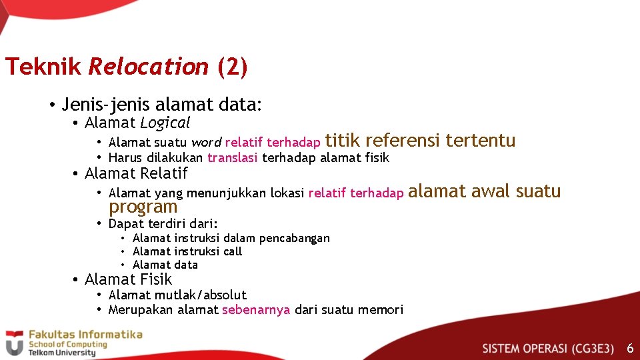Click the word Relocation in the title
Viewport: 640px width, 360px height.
(148, 67)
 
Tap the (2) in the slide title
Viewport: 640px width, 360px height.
(232, 67)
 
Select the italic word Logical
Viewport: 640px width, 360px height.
(165, 123)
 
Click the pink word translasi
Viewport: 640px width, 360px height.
(233, 158)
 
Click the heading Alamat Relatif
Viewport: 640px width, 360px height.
(136, 173)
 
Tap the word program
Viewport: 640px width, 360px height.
(143, 207)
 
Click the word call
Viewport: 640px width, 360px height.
(233, 251)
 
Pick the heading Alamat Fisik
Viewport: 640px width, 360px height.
(128, 279)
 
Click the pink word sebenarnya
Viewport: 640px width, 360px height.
(256, 310)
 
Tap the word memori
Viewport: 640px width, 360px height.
(381, 310)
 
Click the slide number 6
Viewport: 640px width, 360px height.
(630, 348)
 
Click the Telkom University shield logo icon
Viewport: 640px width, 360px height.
(14, 343)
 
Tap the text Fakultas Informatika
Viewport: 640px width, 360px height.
(84, 335)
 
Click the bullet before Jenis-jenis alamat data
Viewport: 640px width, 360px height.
(51, 105)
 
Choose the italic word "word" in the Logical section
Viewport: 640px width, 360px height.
(205, 142)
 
